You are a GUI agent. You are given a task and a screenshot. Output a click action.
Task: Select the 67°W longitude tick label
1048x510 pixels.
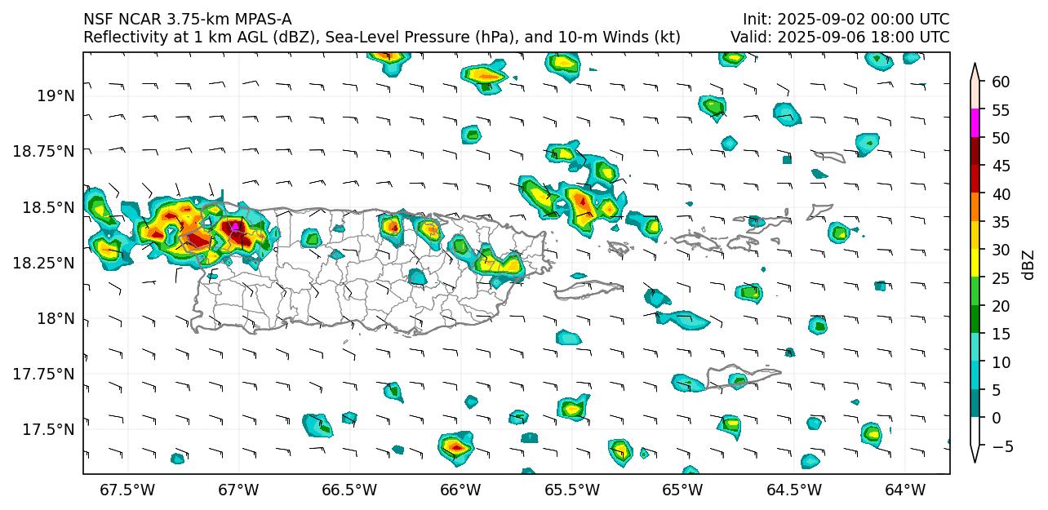coord(238,490)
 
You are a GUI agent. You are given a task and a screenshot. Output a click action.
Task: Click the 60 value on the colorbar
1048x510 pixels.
coord(1001,82)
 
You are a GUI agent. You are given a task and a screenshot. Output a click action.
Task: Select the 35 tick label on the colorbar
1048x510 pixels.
coord(1001,222)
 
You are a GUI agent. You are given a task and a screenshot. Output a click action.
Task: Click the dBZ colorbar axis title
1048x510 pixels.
coord(1028,264)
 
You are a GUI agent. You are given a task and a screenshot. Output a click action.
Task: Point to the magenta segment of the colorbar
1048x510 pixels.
coord(975,124)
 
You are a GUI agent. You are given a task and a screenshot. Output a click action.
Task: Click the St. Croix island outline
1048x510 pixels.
coord(743,375)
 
